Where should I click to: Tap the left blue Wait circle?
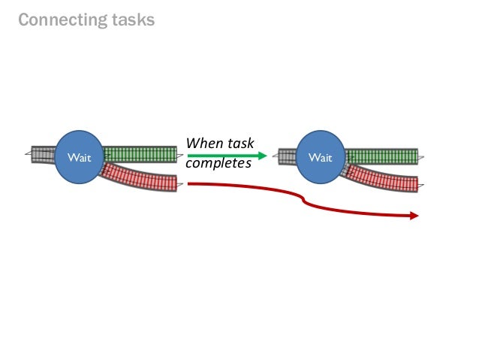coord(78,157)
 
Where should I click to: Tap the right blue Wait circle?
coord(321,157)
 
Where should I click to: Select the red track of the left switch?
coord(143,177)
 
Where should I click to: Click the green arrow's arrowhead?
coord(262,156)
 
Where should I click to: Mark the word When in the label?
coord(201,143)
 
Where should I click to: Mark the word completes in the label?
coord(218,163)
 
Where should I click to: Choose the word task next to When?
coord(238,143)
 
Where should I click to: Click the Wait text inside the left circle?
coord(78,158)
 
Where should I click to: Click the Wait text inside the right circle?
coord(321,158)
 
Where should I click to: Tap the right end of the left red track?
coord(174,183)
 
